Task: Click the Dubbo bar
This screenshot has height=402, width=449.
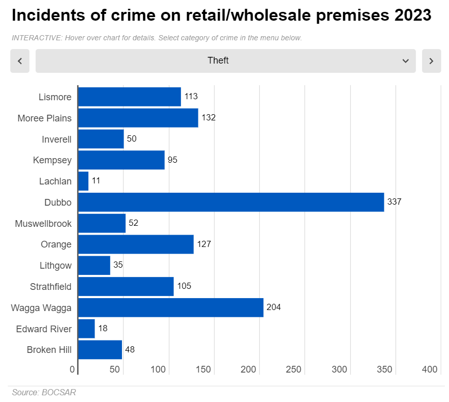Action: click(230, 202)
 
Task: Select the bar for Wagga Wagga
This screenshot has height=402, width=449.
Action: click(171, 307)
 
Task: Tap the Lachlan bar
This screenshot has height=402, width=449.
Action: click(83, 181)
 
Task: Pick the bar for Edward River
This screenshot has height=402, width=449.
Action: click(86, 329)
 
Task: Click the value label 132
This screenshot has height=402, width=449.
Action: click(208, 118)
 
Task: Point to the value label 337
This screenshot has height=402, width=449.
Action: click(394, 202)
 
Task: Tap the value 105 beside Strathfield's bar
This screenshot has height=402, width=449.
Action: click(184, 286)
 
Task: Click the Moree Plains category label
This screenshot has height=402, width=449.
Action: click(44, 118)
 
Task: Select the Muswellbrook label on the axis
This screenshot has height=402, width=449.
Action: click(43, 224)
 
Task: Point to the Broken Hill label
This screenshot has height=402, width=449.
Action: click(49, 350)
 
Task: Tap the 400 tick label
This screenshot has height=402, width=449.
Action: click(430, 369)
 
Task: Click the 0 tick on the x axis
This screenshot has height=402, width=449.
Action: click(72, 369)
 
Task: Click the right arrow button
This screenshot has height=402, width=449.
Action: click(431, 61)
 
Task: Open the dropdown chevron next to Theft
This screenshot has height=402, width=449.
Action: click(406, 61)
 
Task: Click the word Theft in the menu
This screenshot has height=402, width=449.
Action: click(218, 60)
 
